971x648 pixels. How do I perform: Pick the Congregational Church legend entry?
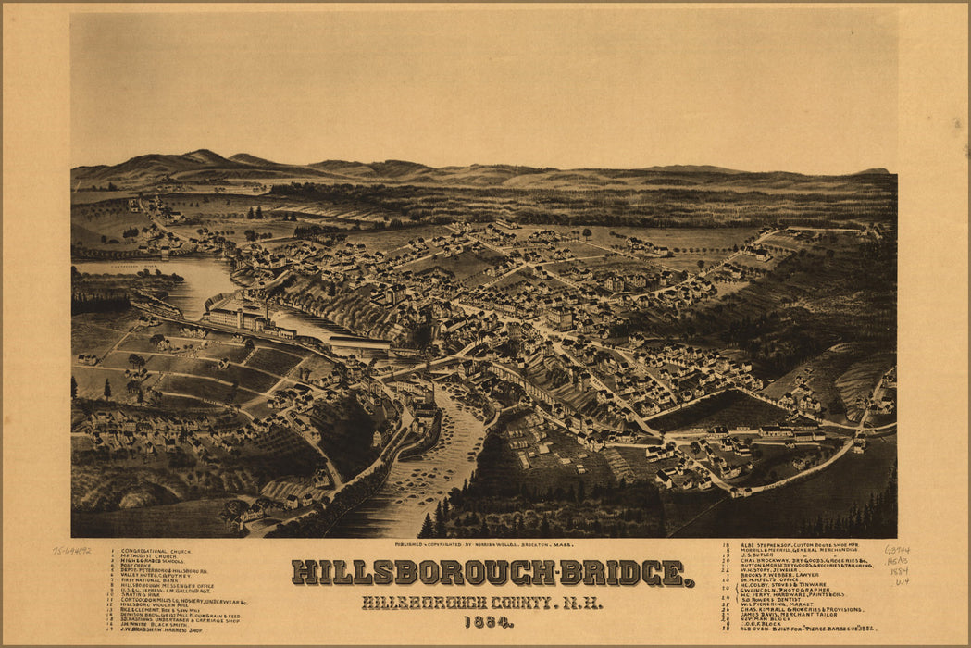[x=157, y=551]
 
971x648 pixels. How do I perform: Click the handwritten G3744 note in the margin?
[x=896, y=550]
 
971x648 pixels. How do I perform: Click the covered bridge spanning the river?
[x=359, y=345]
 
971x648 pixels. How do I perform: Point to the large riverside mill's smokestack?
[x=268, y=307]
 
